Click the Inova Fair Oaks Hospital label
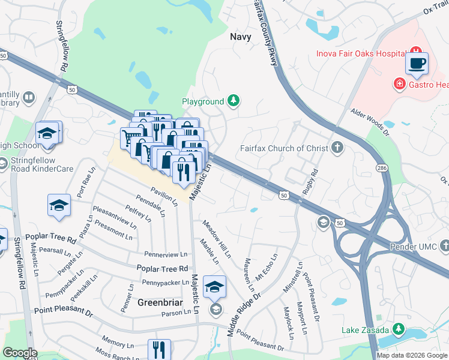pos(361,54)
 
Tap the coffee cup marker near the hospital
pos(417,63)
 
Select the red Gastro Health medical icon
pos(399,83)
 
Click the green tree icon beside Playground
pos(232,101)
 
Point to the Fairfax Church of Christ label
pos(284,148)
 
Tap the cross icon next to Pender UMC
pos(444,245)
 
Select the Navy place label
pos(240,37)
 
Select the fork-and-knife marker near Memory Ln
pos(159,350)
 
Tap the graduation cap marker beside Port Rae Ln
pos(58,205)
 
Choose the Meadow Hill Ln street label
pos(216,239)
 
